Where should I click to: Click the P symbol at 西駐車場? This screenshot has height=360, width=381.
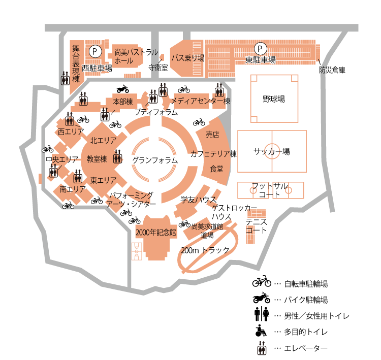click(x=95, y=52)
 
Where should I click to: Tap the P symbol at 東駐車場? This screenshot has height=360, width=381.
click(x=260, y=49)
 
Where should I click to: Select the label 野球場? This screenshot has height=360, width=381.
click(x=273, y=99)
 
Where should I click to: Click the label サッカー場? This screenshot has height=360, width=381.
click(x=272, y=151)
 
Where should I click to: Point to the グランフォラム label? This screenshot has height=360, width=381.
click(x=155, y=160)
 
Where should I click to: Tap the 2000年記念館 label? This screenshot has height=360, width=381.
click(x=156, y=233)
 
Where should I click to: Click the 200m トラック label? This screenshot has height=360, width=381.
click(x=205, y=250)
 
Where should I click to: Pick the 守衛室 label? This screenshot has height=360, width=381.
click(x=158, y=68)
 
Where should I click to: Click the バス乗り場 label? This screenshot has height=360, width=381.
click(x=187, y=58)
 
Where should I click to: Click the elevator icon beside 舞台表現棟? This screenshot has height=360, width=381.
click(x=65, y=78)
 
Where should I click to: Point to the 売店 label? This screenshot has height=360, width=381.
click(x=212, y=135)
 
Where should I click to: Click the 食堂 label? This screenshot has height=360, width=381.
click(x=217, y=169)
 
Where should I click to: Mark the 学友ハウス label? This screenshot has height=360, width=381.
click(x=199, y=199)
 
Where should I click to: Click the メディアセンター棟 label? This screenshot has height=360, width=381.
click(x=201, y=101)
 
